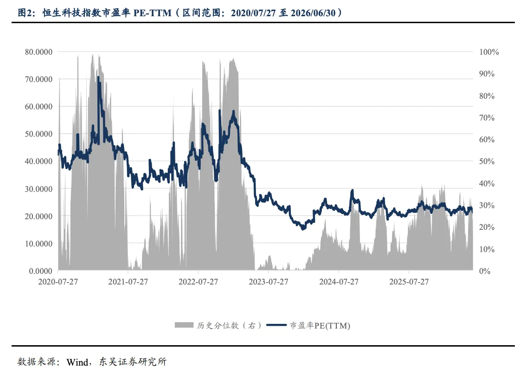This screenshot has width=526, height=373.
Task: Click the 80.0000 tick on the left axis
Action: [x=38, y=52]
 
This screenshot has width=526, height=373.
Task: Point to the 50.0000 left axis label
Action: [x=38, y=134]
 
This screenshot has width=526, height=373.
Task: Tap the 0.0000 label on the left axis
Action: [x=41, y=271]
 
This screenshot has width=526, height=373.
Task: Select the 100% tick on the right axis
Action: [x=489, y=52]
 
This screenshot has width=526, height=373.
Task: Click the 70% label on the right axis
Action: [x=487, y=118]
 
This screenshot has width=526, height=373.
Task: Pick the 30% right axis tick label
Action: [x=487, y=205]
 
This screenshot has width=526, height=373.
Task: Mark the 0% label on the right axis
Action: [x=485, y=271]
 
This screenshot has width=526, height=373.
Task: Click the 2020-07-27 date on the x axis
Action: [x=58, y=282]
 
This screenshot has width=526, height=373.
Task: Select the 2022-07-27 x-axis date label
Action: [x=198, y=282]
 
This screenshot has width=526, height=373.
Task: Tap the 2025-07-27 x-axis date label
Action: [x=409, y=282]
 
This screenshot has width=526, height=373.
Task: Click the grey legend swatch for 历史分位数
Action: [x=184, y=325]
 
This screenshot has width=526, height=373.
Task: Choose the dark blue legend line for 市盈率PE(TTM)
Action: [x=276, y=325]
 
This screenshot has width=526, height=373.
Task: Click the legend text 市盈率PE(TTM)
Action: [x=320, y=325]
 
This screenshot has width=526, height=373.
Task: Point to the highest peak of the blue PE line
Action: [x=98, y=77]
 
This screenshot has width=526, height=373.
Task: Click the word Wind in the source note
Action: [x=77, y=362]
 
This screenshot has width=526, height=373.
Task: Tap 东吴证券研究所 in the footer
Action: [x=133, y=362]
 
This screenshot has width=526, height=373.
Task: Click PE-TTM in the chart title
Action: [x=152, y=13]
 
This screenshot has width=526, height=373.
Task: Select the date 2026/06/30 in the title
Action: [x=313, y=13]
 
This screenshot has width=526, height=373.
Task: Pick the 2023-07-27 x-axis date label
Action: [x=269, y=282]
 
